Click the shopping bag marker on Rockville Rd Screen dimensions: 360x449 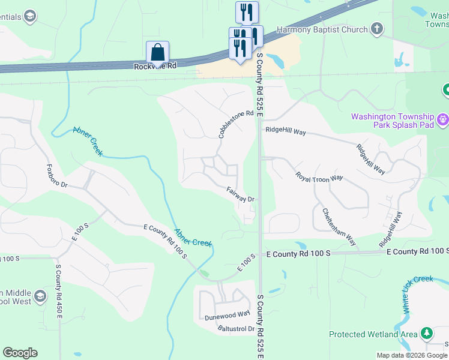coord(157,52)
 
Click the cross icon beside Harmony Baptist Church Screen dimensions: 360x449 coord(376,28)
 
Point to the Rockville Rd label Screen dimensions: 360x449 coord(155,66)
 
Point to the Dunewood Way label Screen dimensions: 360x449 coord(227,314)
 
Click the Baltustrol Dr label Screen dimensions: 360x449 coord(237,329)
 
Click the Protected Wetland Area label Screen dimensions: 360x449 coord(373,334)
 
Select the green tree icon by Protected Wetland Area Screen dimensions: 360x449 coord(427,332)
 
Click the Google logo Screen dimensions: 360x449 coord(20,353)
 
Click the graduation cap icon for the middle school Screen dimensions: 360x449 coord(40,296)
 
